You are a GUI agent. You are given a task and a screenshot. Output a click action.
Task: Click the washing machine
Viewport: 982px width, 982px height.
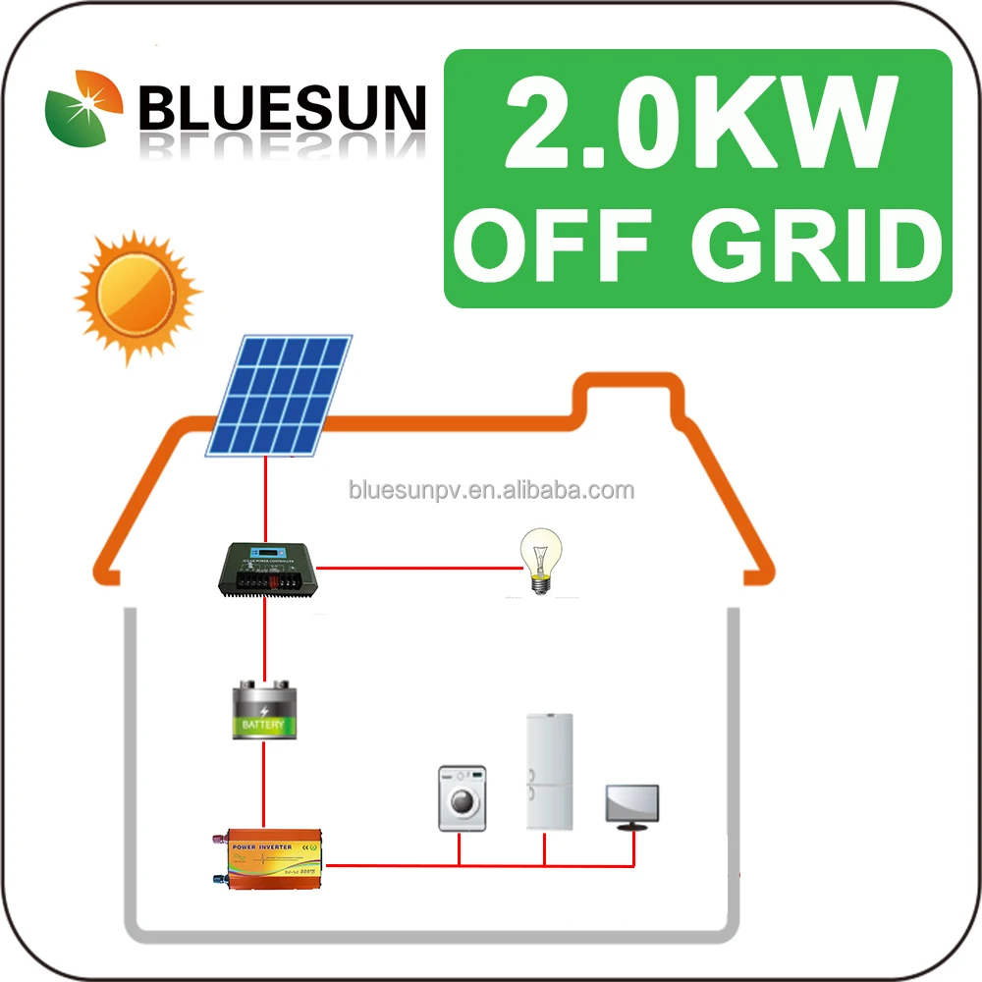tap(462, 798)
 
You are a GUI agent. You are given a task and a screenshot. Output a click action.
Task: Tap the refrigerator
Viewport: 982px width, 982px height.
tap(549, 772)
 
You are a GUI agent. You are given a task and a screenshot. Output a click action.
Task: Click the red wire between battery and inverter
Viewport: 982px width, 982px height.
tap(263, 786)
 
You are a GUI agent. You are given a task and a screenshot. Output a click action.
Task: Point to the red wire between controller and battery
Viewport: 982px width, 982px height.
tap(263, 638)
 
